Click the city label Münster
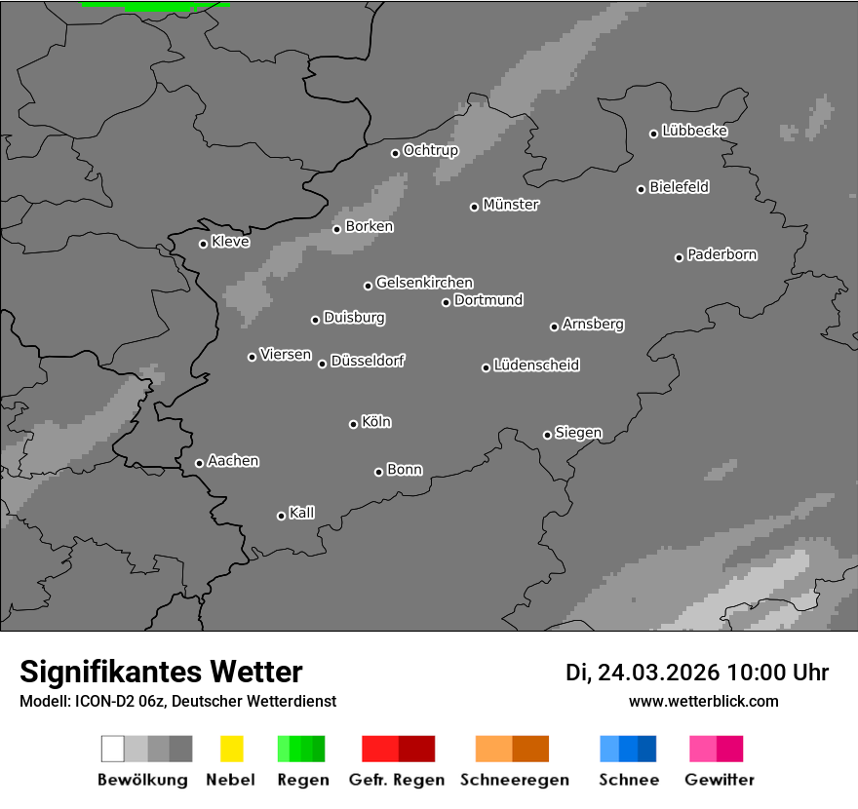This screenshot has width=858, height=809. pyautogui.click(x=511, y=205)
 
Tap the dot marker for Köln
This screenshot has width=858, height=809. pyautogui.click(x=353, y=424)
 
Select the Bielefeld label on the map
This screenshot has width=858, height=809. pyautogui.click(x=680, y=187)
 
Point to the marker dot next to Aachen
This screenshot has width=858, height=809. pyautogui.click(x=199, y=463)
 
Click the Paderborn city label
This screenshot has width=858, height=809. pyautogui.click(x=722, y=254)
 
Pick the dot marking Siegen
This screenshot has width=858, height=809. pyautogui.click(x=547, y=435)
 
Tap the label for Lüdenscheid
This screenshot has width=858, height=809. pyautogui.click(x=536, y=366)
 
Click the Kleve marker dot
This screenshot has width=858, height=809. pyautogui.click(x=203, y=244)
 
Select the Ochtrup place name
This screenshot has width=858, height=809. pyautogui.click(x=431, y=150)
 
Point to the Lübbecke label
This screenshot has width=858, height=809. pyautogui.click(x=695, y=131)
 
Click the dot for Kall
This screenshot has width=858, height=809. pyautogui.click(x=281, y=516)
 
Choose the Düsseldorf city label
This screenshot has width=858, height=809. pyautogui.click(x=368, y=361)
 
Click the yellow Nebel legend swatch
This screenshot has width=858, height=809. pyautogui.click(x=231, y=749)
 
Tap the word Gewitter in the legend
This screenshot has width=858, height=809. pyautogui.click(x=720, y=780)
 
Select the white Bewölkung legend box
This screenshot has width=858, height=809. pyautogui.click(x=113, y=749)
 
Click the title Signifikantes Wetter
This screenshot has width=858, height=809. pyautogui.click(x=161, y=672)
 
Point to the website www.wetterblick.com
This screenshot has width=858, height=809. pyautogui.click(x=704, y=701)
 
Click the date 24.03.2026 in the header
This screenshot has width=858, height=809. pyautogui.click(x=659, y=673)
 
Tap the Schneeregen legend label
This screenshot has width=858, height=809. pyautogui.click(x=515, y=780)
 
